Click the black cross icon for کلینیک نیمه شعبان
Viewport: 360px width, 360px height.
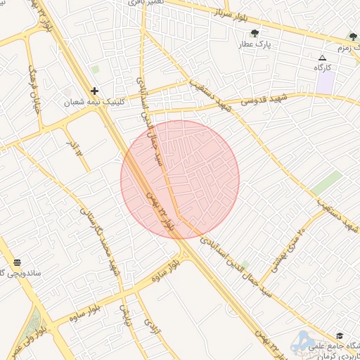pyautogui.click(x=94, y=91)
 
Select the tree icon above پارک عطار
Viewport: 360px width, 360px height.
pyautogui.click(x=255, y=32)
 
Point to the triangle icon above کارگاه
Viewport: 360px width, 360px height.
pyautogui.click(x=322, y=58)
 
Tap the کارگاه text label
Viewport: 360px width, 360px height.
pyautogui.click(x=322, y=68)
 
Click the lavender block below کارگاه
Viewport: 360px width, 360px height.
pyautogui.click(x=325, y=82)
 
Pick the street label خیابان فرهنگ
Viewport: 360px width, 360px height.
pyautogui.click(x=34, y=90)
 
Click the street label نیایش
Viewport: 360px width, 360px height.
pyautogui.click(x=127, y=316)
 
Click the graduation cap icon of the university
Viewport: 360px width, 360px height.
pyautogui.click(x=340, y=335)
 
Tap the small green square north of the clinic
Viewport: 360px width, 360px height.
pyautogui.click(x=95, y=70)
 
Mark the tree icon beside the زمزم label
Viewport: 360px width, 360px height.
pyautogui.click(x=353, y=37)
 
